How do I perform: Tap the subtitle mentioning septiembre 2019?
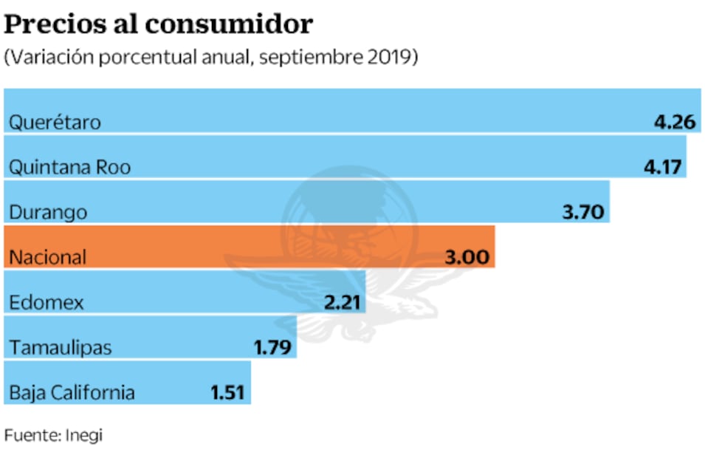point(211,58)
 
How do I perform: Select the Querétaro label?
point(55,122)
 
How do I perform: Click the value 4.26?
point(675,122)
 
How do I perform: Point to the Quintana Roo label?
point(70,167)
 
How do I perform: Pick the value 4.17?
point(661,167)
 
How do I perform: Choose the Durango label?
point(48,212)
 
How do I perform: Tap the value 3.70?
point(583,212)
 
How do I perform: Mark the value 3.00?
point(467,257)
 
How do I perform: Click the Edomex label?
point(47,302)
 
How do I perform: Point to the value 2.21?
point(342,302)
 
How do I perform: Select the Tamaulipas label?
point(61,347)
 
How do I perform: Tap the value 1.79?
point(273,347)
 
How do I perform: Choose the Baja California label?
point(72,392)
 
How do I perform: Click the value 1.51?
point(227,392)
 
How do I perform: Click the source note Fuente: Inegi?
point(53,435)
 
